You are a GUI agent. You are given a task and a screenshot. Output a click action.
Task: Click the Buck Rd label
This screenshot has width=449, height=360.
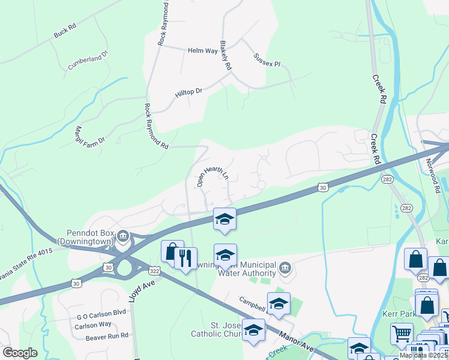pyautogui.click(x=65, y=31)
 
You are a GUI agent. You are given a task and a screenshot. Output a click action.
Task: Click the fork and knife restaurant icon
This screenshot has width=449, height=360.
pyautogui.click(x=185, y=258)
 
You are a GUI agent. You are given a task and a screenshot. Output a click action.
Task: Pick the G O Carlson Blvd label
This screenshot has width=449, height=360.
pyautogui.click(x=101, y=313)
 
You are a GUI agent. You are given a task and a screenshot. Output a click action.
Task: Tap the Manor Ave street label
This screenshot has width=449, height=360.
pyautogui.click(x=298, y=343)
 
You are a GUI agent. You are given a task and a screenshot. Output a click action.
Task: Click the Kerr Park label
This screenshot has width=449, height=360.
pyautogui.click(x=399, y=314)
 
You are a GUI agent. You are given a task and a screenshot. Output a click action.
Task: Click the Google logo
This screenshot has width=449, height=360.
pyautogui.click(x=19, y=353)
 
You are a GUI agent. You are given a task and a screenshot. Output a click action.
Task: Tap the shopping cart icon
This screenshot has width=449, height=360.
pyautogui.click(x=401, y=332)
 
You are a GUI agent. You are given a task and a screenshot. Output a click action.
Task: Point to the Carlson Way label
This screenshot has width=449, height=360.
pyautogui.click(x=93, y=325)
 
